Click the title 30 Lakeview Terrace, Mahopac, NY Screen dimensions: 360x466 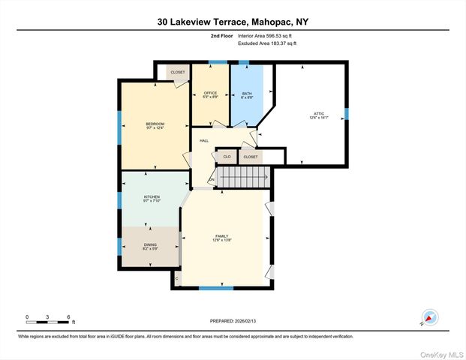click(x=233, y=22)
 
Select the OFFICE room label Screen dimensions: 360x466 click(x=210, y=94)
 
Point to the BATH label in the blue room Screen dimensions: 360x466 click(x=247, y=94)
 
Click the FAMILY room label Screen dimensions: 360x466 click(x=222, y=238)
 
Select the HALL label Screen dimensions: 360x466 click(x=203, y=140)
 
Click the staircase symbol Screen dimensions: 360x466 click(x=242, y=178)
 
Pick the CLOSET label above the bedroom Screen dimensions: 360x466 click(x=177, y=72)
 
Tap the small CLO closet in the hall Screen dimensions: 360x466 click(x=227, y=157)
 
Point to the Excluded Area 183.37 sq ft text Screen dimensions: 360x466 click(x=267, y=43)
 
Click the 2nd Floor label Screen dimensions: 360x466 click(x=221, y=35)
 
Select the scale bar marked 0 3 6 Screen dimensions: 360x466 click(x=47, y=317)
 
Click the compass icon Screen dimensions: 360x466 click(x=429, y=317)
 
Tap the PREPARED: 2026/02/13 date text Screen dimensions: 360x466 click(x=233, y=320)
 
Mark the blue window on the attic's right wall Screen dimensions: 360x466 click(x=347, y=114)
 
